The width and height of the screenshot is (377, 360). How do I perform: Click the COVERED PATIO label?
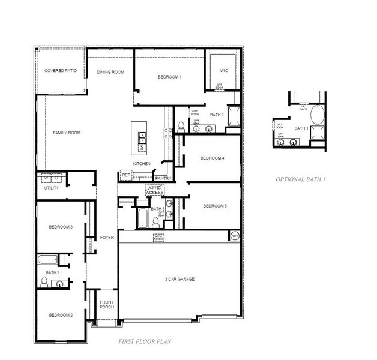pyautogui.click(x=61, y=71)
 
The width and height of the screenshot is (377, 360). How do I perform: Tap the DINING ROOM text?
pyautogui.click(x=110, y=72)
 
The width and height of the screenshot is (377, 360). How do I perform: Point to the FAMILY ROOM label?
pyautogui.click(x=66, y=133)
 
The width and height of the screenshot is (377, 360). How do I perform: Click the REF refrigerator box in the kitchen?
pyautogui.click(x=126, y=175)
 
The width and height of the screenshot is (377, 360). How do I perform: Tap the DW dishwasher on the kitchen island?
pyautogui.click(x=142, y=147)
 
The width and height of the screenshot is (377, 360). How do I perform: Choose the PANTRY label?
pyautogui.click(x=163, y=178)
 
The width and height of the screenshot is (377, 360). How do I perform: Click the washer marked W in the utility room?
pyautogui.click(x=46, y=178)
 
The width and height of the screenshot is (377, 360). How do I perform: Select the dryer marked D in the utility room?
pyautogui.click(x=57, y=178)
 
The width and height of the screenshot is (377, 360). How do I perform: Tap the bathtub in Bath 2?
pyautogui.click(x=47, y=260)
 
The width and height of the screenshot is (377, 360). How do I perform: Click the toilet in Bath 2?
pyautogui.click(x=60, y=283)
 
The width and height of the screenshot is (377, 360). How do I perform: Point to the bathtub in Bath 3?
pyautogui.click(x=142, y=218)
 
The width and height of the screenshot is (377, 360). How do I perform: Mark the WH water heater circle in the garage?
pyautogui.click(x=234, y=236)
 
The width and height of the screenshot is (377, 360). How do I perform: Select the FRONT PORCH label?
pyautogui.click(x=107, y=304)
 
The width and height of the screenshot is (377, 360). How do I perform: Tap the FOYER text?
pyautogui.click(x=107, y=237)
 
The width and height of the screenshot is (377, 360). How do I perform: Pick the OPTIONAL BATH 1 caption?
pyautogui.click(x=300, y=179)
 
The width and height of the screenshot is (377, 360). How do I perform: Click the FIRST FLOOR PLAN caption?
pyautogui.click(x=145, y=341)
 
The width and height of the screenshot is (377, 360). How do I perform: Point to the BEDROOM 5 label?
pyautogui.click(x=214, y=206)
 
